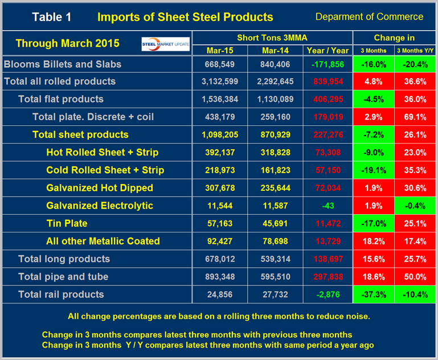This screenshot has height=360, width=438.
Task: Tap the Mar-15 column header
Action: coord(220,51)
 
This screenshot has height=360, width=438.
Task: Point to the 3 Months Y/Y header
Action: coord(415,51)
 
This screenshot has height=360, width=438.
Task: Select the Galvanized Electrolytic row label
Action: coord(100,206)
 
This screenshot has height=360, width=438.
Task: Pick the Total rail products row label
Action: coord(61,294)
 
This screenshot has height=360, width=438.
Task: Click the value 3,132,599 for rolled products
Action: coord(220,81)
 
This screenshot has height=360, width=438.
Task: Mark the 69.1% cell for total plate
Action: coord(415,117)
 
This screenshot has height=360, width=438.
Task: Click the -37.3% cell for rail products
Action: coord(374,294)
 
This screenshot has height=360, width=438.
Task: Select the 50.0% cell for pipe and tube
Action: coord(415,277)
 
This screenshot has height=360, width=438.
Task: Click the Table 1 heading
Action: coord(52,17)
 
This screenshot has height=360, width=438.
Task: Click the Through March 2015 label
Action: coord(67,43)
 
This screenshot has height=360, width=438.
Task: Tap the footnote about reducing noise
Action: coord(218,316)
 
